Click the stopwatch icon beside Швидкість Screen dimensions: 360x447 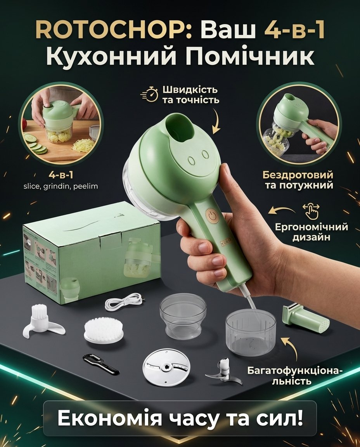tap(150, 94)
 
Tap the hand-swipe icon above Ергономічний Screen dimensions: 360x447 tap(311, 211)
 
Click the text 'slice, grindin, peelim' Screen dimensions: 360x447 tap(61, 186)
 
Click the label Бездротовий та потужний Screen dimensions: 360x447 tap(298, 180)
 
